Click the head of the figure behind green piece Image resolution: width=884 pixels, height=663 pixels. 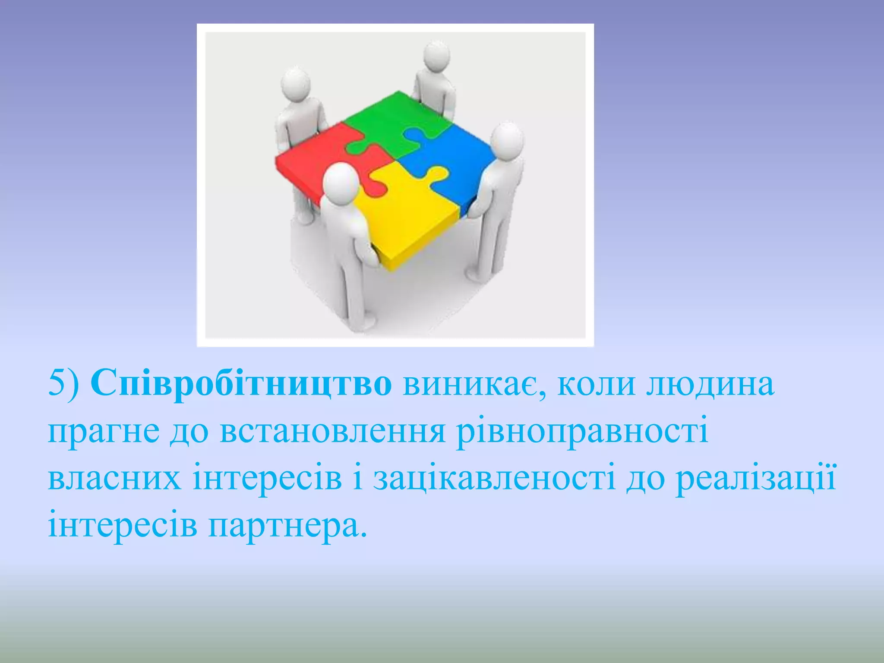(x=436, y=56)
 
